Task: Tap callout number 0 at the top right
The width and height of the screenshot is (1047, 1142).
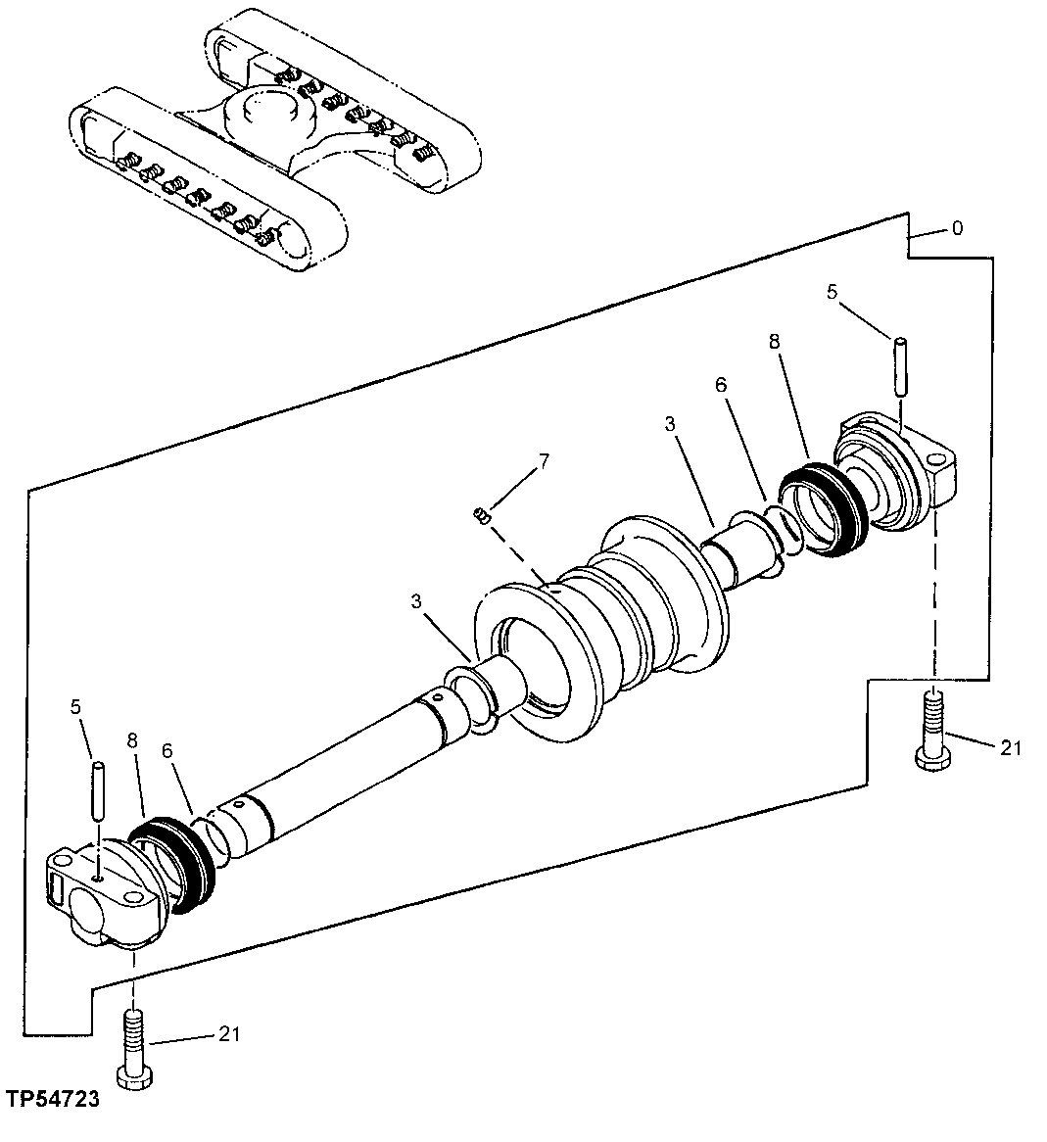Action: [957, 229]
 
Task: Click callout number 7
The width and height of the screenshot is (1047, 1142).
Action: [545, 460]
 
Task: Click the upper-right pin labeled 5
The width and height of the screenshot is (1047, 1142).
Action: [899, 364]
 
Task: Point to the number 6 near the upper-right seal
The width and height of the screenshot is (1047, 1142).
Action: [721, 386]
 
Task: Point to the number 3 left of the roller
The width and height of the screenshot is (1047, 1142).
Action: [417, 602]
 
